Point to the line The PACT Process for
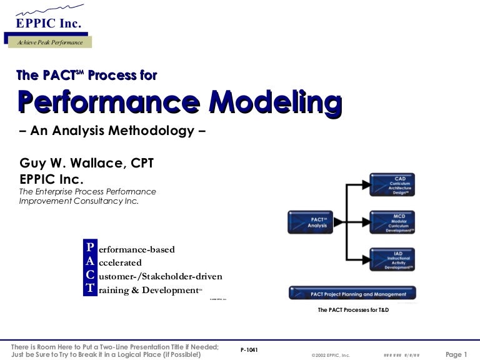[x=86, y=76]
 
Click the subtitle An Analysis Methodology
[x=112, y=132]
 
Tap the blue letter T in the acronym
[x=91, y=289]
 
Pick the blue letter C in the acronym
[x=91, y=276]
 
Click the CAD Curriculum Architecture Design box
[x=392, y=185]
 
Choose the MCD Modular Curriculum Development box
[x=392, y=222]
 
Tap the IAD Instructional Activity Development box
[x=392, y=259]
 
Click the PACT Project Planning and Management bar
[x=352, y=293]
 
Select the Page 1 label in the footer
[x=456, y=354]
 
